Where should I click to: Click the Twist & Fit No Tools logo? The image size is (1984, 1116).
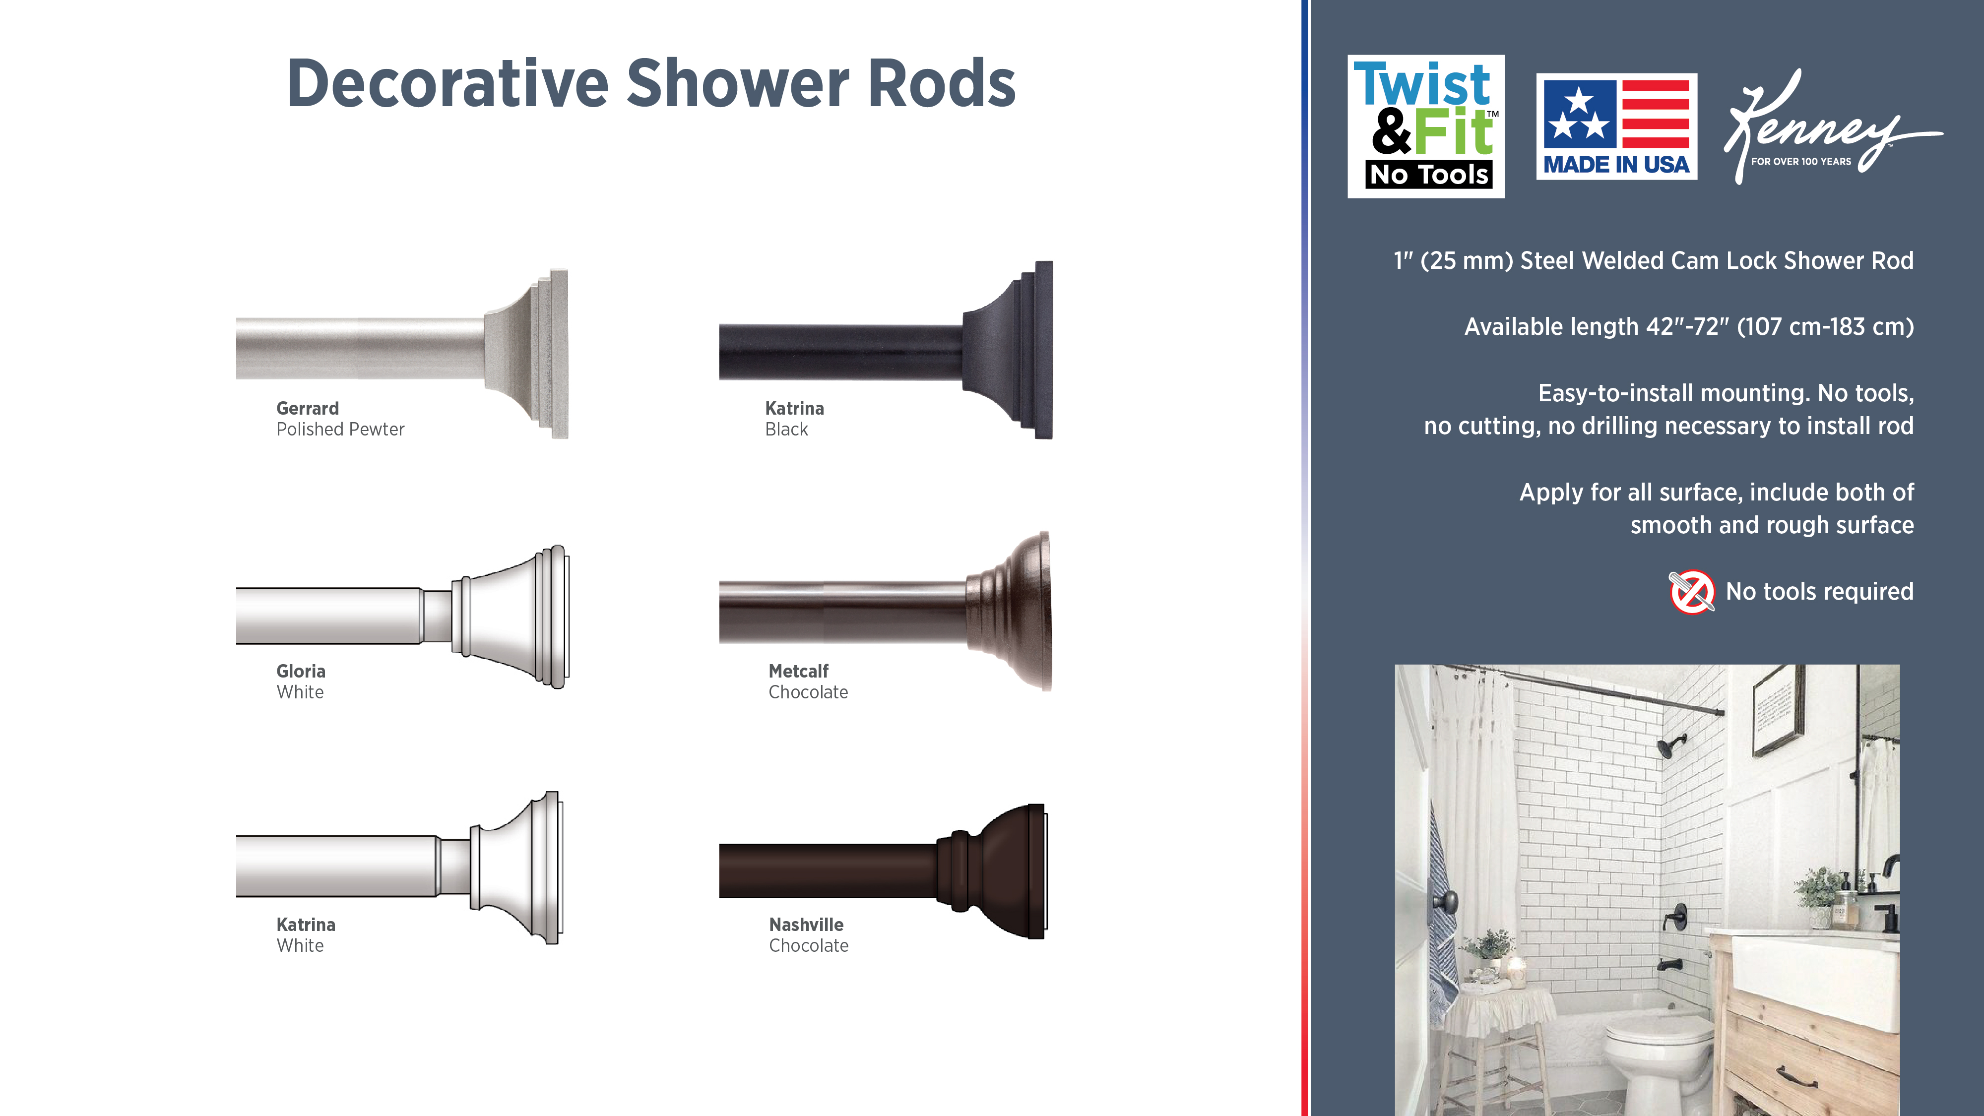1426,126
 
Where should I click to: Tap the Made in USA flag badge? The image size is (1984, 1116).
1617,126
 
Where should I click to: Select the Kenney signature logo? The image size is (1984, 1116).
1832,127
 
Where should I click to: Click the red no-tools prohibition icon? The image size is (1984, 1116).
1691,592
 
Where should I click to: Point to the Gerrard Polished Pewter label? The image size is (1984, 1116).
340,419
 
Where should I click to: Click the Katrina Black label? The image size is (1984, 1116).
794,419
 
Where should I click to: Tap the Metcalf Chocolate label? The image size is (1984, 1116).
808,682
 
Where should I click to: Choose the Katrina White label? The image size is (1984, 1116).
306,935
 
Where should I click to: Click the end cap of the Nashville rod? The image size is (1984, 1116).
994,871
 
